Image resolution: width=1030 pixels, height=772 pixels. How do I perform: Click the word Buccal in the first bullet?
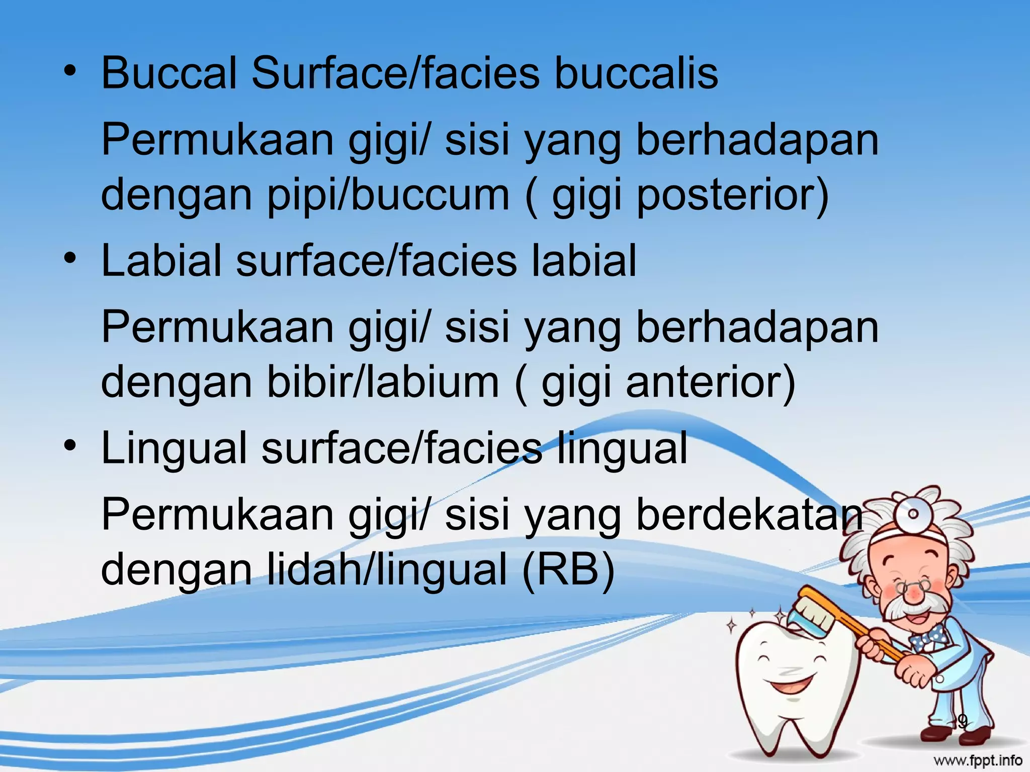point(169,74)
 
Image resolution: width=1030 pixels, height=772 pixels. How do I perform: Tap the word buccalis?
point(636,74)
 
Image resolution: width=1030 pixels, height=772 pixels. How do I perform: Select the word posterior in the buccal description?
point(732,196)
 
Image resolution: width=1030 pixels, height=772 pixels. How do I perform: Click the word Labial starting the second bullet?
point(161,261)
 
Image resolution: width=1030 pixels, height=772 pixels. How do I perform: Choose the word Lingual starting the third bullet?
point(174,449)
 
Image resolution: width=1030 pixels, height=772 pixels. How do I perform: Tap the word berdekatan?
point(749,516)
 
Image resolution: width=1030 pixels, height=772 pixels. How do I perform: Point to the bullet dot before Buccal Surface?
point(72,71)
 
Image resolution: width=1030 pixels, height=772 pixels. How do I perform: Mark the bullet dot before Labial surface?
point(72,258)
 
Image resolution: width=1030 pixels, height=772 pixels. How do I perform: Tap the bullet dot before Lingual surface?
point(72,445)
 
